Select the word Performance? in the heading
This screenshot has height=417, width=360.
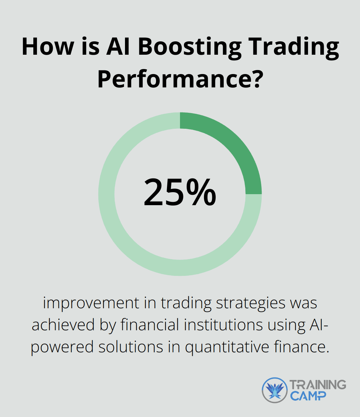pos(180,79)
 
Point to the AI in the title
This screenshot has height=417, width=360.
pos(119,47)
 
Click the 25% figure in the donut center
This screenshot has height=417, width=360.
pos(180,193)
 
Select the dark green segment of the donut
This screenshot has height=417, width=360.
pos(233,147)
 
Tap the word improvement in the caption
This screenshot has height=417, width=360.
pos(91,303)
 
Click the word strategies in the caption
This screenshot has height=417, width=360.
pos(251,303)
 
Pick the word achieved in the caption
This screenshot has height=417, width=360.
pos(63,325)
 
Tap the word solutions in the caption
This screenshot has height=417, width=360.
pos(131,347)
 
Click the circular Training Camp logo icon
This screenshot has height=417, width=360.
pos(274,390)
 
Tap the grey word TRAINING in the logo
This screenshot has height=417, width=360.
pos(318,385)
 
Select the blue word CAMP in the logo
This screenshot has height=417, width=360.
pos(308,396)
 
